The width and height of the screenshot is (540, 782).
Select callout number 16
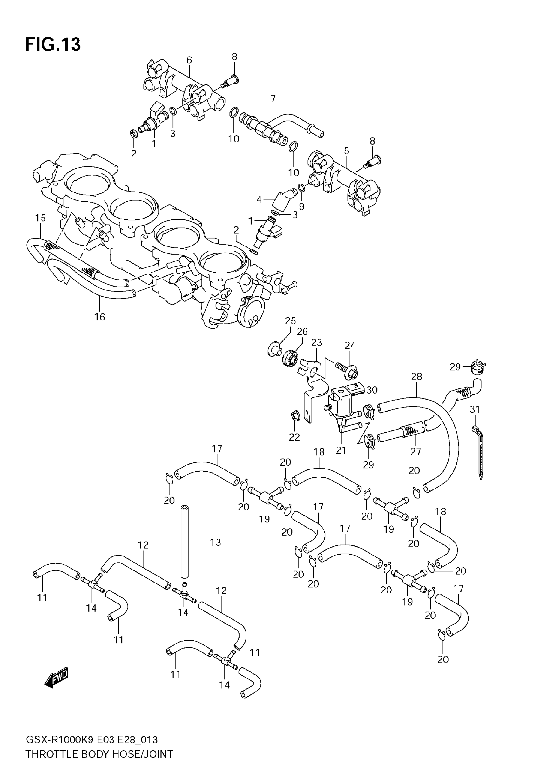tap(99, 317)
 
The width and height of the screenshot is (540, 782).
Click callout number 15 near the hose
tap(40, 218)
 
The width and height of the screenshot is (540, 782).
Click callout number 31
tap(475, 409)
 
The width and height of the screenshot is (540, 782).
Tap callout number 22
tap(294, 437)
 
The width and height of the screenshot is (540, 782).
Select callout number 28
tap(416, 376)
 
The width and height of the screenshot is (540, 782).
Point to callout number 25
tap(290, 321)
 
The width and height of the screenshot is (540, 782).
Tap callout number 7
tap(273, 98)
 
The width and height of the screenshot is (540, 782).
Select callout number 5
tap(347, 151)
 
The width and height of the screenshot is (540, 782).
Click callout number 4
tap(259, 199)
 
